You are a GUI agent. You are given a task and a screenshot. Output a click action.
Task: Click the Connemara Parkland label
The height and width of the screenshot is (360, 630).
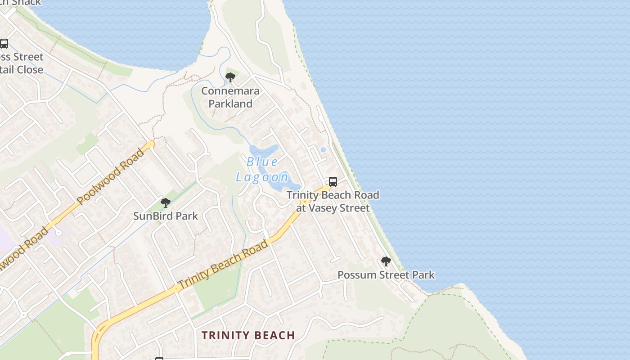[x=230, y=97]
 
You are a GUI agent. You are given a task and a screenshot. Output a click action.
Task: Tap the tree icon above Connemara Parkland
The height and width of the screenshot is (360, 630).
[x=230, y=78]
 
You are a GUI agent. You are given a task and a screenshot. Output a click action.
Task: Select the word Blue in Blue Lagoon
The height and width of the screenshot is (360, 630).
[x=262, y=162]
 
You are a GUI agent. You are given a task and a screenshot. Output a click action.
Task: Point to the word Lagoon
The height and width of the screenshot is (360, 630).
[x=262, y=177]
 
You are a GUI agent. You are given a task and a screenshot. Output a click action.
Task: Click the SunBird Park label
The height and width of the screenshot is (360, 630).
[x=165, y=216]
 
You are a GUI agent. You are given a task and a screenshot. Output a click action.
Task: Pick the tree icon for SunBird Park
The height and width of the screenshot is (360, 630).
[x=166, y=203]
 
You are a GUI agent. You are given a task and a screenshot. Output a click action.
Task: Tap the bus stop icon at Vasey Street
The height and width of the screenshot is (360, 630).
[x=333, y=182]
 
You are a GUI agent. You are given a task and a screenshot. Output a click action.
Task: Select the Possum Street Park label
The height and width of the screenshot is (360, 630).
[x=386, y=275]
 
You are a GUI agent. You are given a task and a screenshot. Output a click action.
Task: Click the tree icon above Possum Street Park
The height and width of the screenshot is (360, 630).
[x=386, y=261]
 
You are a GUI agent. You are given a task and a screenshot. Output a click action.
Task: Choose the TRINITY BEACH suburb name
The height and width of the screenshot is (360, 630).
[x=248, y=335]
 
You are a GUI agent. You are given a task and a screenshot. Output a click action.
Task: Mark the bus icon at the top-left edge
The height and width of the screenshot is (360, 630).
[x=4, y=44]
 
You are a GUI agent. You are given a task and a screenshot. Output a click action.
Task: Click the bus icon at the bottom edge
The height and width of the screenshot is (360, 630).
[x=159, y=358]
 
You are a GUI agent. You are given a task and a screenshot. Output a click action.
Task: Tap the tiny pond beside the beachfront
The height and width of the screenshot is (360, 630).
[x=323, y=149]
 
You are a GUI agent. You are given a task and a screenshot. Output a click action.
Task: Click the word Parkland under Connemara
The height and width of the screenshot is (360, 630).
[x=230, y=103]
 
